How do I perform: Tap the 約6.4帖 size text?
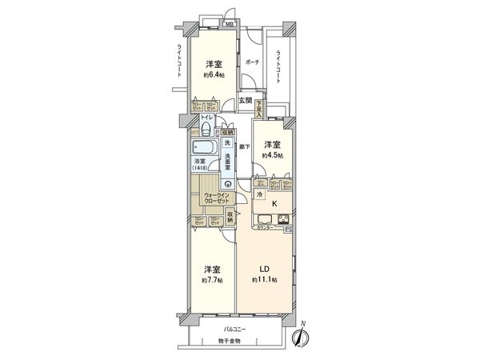[x=212, y=77]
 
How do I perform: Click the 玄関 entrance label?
[x=245, y=101]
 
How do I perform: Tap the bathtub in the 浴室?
[x=202, y=148]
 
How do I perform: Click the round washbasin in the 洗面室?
[x=228, y=182]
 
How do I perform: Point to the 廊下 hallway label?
[x=243, y=147]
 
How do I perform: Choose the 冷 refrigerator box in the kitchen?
[x=260, y=194]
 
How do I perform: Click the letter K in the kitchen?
[x=274, y=204]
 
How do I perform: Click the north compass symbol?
[x=301, y=338]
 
